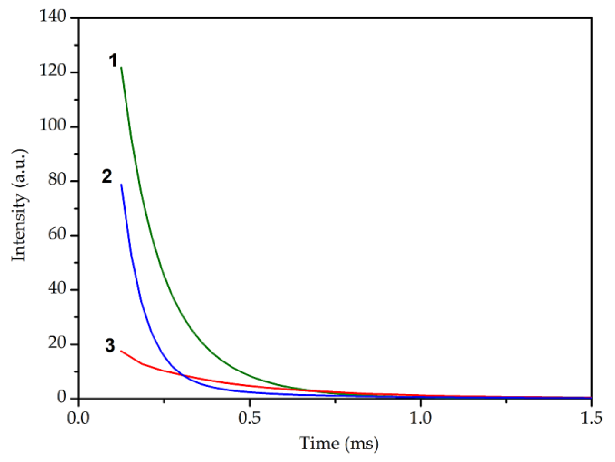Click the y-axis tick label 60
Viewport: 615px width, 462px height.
coord(57,234)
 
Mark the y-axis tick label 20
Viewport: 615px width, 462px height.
coord(57,343)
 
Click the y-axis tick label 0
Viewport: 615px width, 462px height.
coord(61,397)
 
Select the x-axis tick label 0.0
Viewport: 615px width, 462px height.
coord(78,418)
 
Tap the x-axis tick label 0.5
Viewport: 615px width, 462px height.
coord(249,418)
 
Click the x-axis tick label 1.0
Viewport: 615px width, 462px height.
coord(421,418)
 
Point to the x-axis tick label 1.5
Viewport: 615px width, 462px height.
coord(591,418)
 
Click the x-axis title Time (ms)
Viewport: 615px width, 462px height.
coord(339,444)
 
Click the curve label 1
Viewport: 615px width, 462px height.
coord(113,61)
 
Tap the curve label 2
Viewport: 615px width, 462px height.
coord(107,176)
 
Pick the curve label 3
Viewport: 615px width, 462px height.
coord(110,345)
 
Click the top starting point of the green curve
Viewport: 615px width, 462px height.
coord(121,68)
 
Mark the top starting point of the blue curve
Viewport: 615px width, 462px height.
coord(121,184)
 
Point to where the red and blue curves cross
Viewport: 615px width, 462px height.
coord(182,375)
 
